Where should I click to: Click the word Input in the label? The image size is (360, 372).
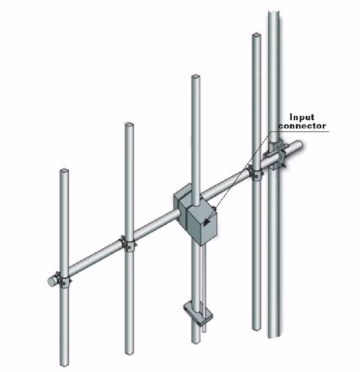tap(302, 117)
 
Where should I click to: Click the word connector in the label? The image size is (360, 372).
tap(302, 126)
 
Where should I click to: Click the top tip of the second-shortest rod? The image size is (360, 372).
tap(129, 125)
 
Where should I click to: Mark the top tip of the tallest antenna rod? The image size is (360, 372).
tap(256, 35)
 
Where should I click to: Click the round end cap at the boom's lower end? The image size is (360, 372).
tap(51, 281)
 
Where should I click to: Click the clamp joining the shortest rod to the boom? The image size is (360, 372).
tap(64, 280)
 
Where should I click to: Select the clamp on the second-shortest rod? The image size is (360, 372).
tap(128, 243)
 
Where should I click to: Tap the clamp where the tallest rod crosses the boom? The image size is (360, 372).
tap(255, 173)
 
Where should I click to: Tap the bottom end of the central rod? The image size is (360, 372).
tap(196, 340)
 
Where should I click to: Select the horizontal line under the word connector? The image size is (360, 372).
tap(304, 131)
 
